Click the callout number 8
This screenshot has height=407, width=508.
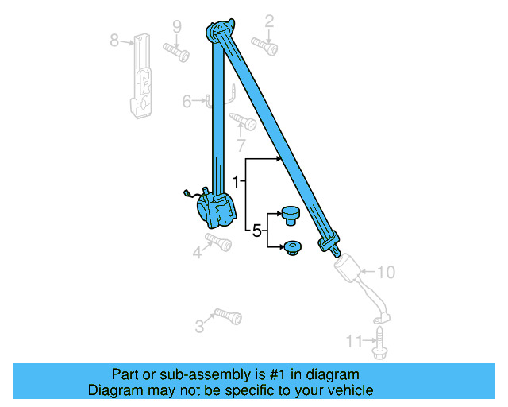tap(114, 40)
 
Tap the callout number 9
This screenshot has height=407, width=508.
tap(177, 25)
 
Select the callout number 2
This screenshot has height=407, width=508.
tap(269, 20)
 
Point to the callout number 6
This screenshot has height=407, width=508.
tap(187, 101)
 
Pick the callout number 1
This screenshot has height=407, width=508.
tap(236, 181)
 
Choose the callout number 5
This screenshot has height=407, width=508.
tap(256, 231)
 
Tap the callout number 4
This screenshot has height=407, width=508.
tap(197, 254)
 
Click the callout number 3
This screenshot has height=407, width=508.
tap(199, 326)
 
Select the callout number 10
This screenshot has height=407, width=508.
tap(385, 273)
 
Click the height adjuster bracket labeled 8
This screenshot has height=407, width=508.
tap(143, 76)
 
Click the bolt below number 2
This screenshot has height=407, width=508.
tap(265, 46)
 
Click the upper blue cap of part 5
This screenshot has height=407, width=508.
tap(289, 214)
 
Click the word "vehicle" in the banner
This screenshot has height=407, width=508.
tap(344, 390)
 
